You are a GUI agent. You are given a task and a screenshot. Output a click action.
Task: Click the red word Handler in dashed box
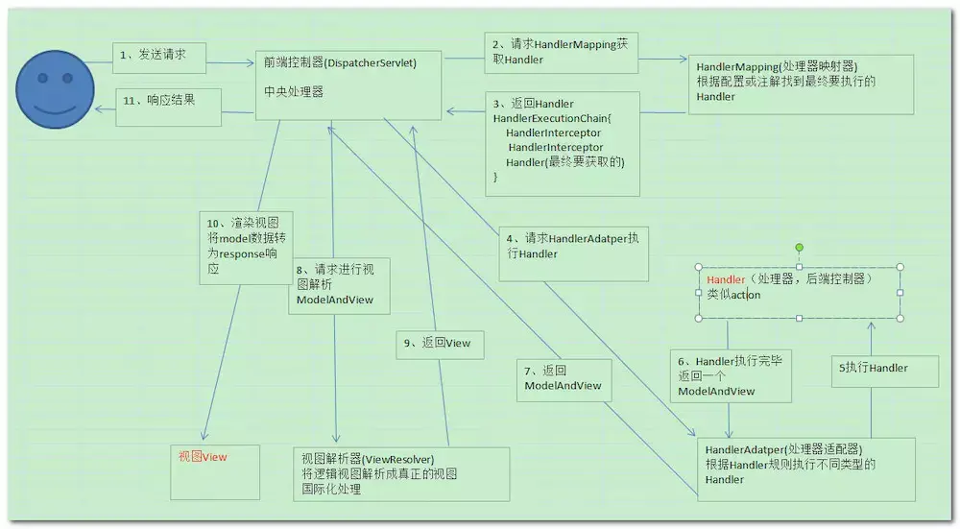click(x=725, y=279)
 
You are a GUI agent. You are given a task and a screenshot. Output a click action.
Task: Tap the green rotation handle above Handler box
click(x=799, y=249)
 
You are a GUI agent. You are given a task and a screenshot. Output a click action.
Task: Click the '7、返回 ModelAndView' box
click(x=563, y=376)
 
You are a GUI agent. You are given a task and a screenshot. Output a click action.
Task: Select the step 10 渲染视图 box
click(x=245, y=246)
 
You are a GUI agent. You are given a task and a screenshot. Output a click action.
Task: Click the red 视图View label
click(x=203, y=457)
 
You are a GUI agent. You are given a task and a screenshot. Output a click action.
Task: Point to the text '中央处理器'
click(x=294, y=93)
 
